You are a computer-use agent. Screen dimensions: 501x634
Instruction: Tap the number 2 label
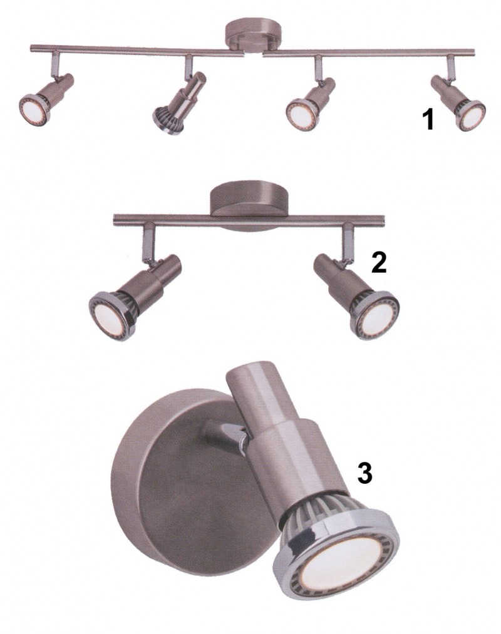pyautogui.click(x=379, y=263)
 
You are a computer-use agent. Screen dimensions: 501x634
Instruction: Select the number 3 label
pyautogui.click(x=364, y=473)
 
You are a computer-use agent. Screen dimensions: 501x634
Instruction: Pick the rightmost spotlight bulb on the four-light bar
pyautogui.click(x=471, y=115)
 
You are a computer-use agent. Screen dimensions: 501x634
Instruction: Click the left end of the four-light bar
pyautogui.click(x=32, y=49)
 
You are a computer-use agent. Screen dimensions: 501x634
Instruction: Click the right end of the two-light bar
pyautogui.click(x=383, y=220)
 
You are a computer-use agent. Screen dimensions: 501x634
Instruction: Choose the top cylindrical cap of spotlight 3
pyautogui.click(x=254, y=384)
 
